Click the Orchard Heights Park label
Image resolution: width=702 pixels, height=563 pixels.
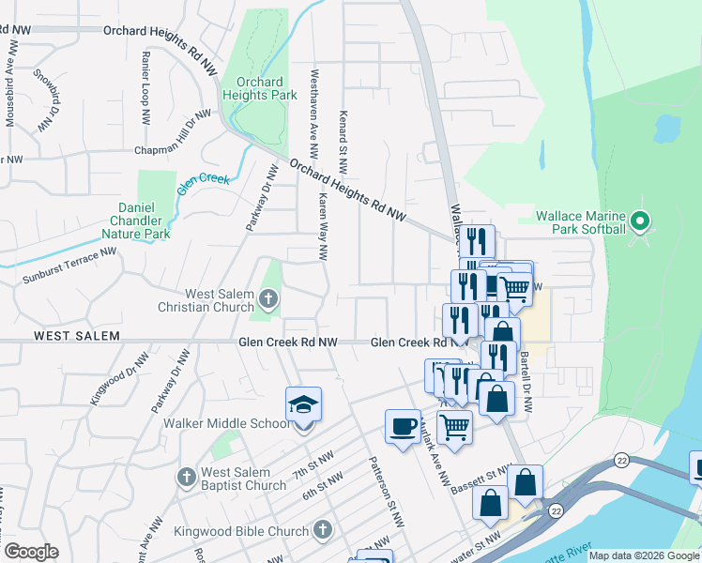[260, 88]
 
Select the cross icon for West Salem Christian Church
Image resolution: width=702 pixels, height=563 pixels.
[268, 299]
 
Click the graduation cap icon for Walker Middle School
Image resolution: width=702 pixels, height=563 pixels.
[303, 404]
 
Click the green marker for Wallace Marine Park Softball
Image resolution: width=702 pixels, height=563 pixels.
[641, 222]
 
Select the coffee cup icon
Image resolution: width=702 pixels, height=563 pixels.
[403, 427]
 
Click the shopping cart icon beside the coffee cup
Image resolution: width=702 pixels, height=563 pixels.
[454, 427]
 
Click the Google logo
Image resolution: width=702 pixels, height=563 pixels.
[31, 552]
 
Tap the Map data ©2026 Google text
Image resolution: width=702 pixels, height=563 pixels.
[644, 555]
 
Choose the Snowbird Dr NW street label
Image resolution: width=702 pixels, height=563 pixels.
[46, 100]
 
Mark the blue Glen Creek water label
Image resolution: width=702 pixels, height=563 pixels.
[203, 179]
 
